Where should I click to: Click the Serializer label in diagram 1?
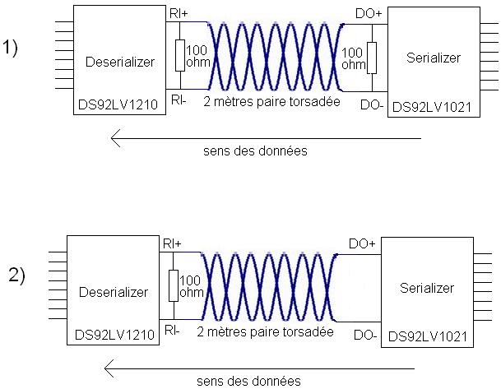click(x=434, y=58)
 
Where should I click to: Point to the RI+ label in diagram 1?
click(x=178, y=13)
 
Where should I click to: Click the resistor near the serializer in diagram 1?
click(x=373, y=57)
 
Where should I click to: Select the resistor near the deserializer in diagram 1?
click(x=179, y=56)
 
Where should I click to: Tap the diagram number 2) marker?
click(x=17, y=276)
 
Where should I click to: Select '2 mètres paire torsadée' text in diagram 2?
click(x=265, y=332)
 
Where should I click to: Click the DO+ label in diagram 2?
click(x=363, y=244)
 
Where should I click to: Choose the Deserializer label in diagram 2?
click(x=114, y=292)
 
